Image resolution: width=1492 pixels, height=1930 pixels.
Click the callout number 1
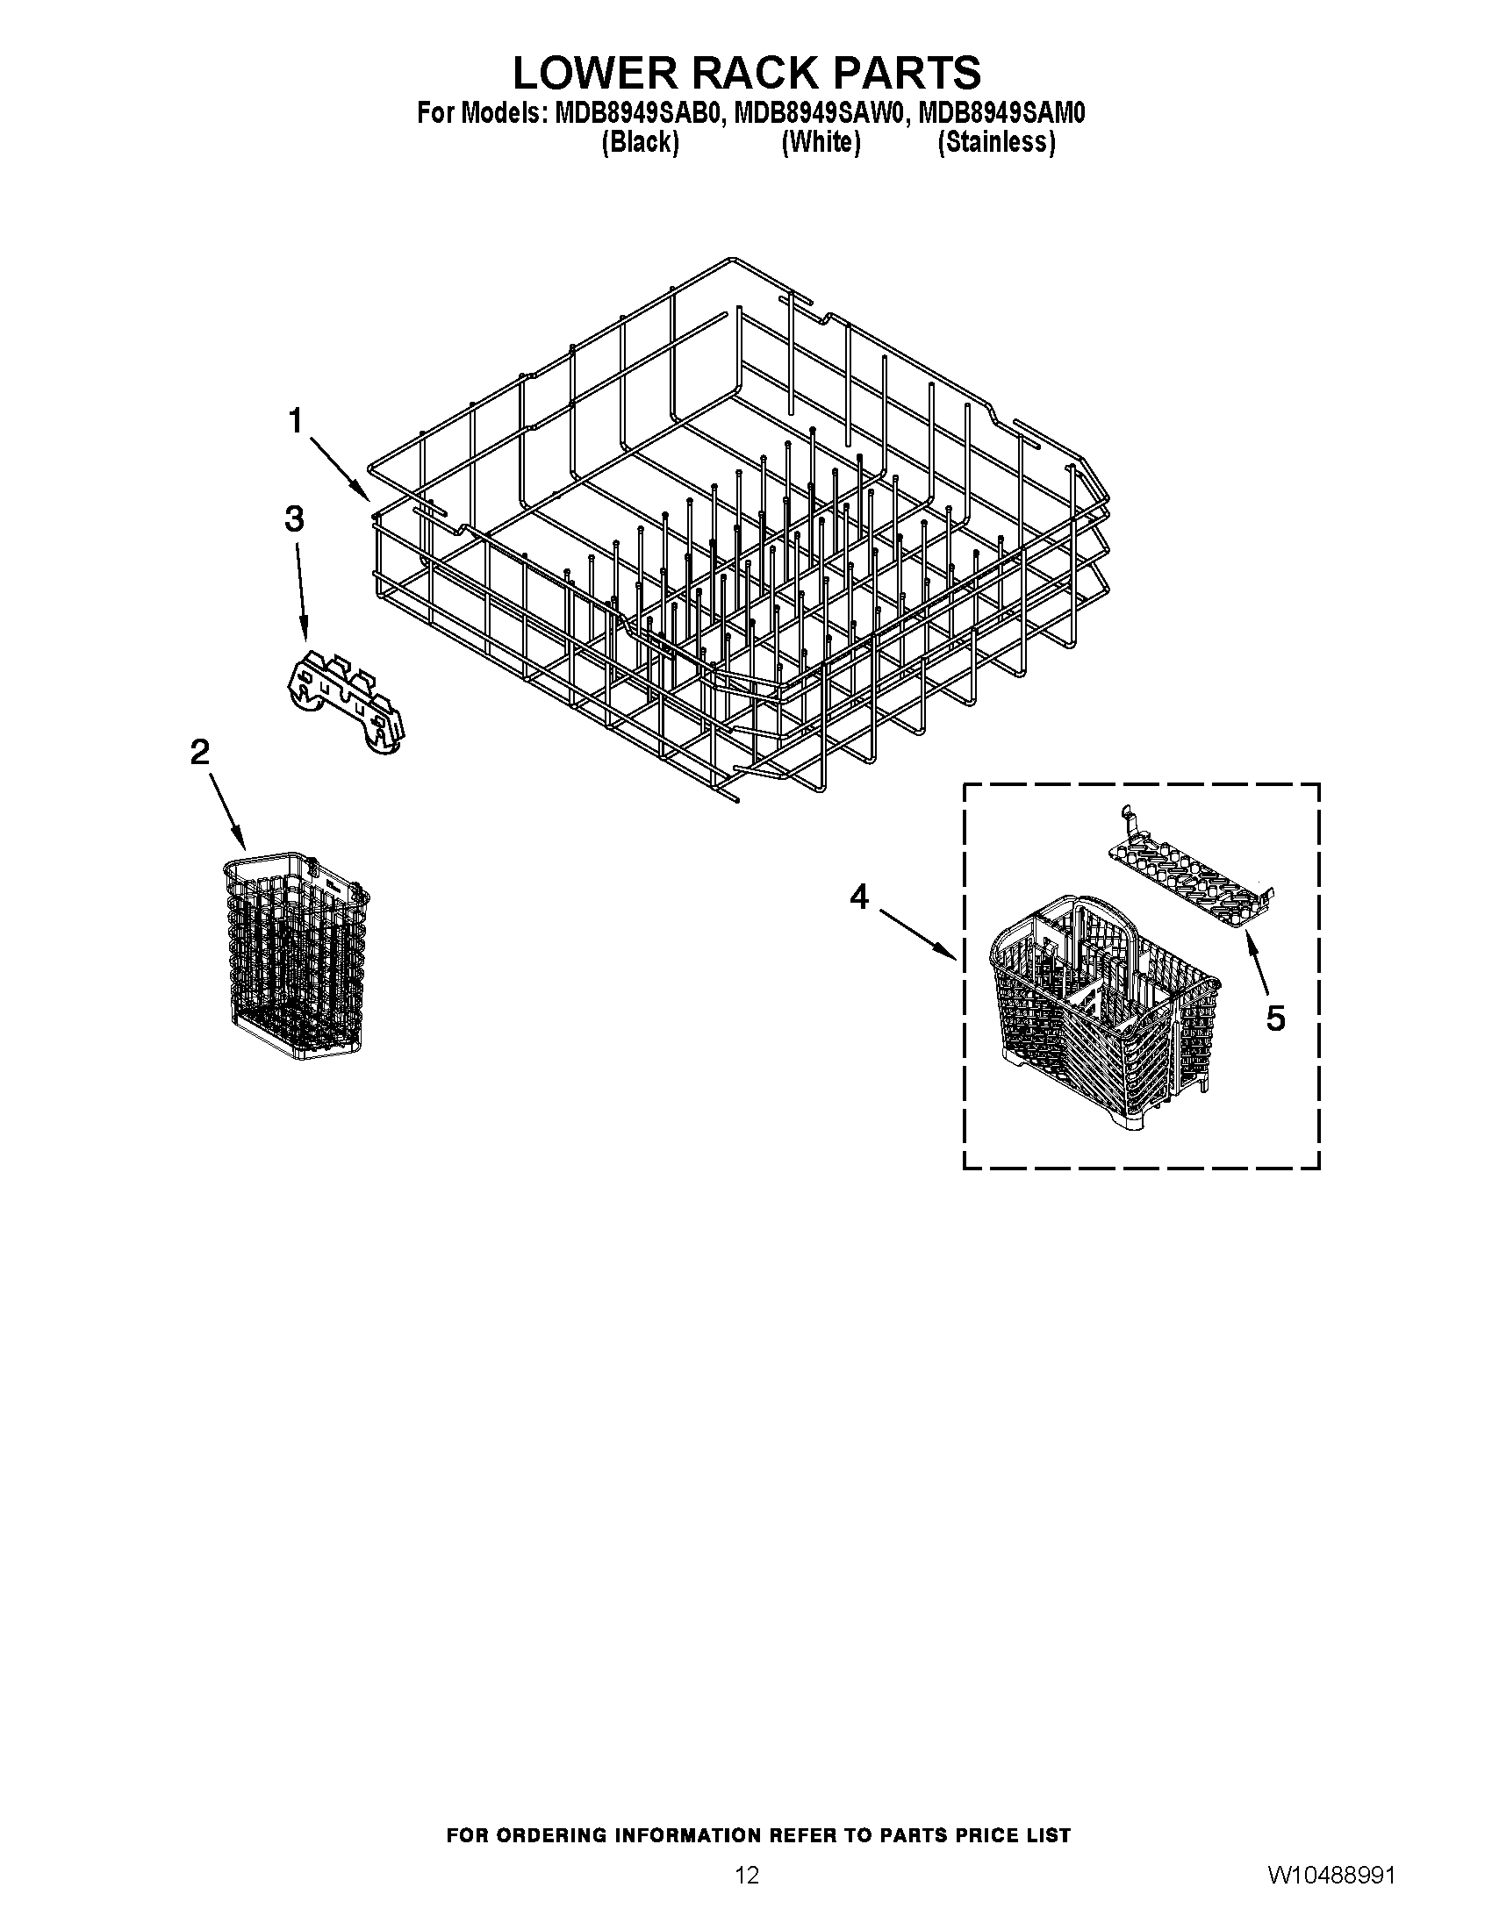(x=295, y=420)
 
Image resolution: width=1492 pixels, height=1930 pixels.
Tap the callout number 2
(x=201, y=752)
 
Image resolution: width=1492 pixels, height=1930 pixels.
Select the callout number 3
(x=293, y=518)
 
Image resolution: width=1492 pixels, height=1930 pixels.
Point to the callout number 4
(x=859, y=897)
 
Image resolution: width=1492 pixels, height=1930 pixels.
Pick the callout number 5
(x=1274, y=1018)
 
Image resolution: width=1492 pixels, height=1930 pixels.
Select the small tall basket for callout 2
(x=296, y=954)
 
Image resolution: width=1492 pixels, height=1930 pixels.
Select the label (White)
(x=821, y=142)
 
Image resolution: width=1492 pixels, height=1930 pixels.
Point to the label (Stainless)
(x=996, y=142)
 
